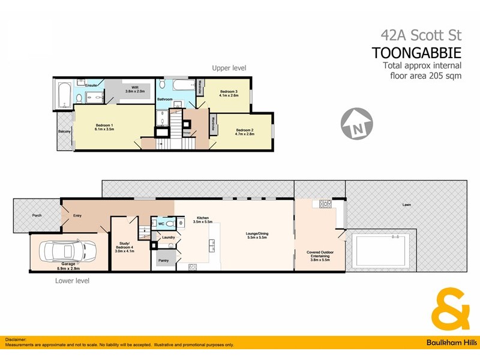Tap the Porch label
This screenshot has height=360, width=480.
coord(37,215)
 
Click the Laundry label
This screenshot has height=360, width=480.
coord(168,237)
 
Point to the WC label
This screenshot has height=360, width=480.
coord(161,224)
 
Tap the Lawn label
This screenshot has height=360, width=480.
coord(407,205)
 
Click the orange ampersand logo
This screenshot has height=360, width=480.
coord(451,309)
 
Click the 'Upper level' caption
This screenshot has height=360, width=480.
coord(229,68)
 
